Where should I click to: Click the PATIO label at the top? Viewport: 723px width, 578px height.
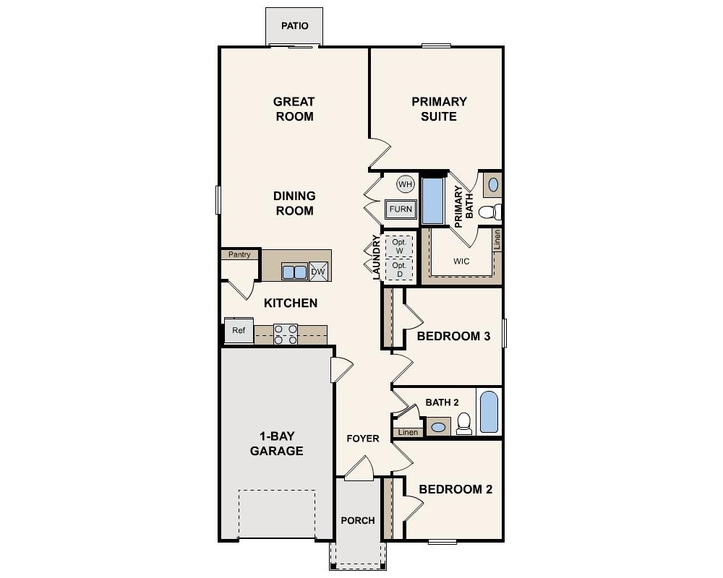point(294,26)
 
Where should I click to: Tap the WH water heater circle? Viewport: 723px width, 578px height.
point(405,184)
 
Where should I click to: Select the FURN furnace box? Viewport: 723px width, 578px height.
point(401,210)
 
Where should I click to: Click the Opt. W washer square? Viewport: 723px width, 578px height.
point(398,246)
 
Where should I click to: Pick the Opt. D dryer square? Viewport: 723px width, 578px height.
point(398,269)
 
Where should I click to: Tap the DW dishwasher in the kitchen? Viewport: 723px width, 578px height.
point(318,272)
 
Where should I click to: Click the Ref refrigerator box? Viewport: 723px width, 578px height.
point(238,331)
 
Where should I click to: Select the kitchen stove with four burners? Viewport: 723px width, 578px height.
point(286,334)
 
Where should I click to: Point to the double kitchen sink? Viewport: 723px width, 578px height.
point(294,272)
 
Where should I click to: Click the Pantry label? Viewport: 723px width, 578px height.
point(239,254)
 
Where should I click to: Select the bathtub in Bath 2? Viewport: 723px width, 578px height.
point(489,412)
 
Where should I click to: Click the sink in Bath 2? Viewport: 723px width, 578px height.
point(437,427)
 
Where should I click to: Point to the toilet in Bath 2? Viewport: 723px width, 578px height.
point(465,423)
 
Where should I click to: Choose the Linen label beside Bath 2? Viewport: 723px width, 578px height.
point(408,432)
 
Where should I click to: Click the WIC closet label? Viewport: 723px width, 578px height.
point(461,262)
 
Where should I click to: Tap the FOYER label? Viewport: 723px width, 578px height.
point(363,439)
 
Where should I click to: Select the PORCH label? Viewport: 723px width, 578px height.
point(358,520)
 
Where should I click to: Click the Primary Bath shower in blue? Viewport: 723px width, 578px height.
point(432,201)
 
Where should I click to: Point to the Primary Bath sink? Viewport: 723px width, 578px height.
point(493,185)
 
